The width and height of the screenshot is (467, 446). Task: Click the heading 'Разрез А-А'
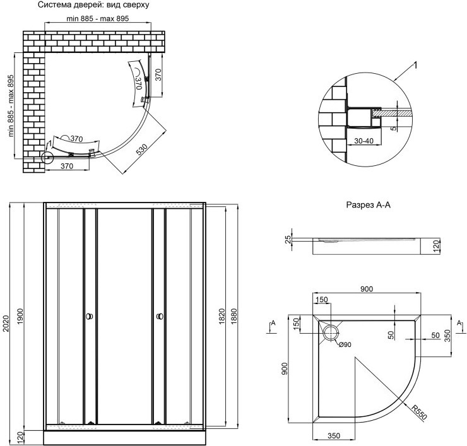pos(369,205)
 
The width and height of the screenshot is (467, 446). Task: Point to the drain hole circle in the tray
pos(331,332)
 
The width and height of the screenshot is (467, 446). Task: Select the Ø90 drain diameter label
pos(345,344)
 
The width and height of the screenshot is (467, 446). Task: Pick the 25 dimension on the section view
pos(287,238)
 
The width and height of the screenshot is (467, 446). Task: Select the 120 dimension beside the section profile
pos(435,246)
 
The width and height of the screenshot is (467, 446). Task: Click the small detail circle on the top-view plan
pos(47,158)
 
